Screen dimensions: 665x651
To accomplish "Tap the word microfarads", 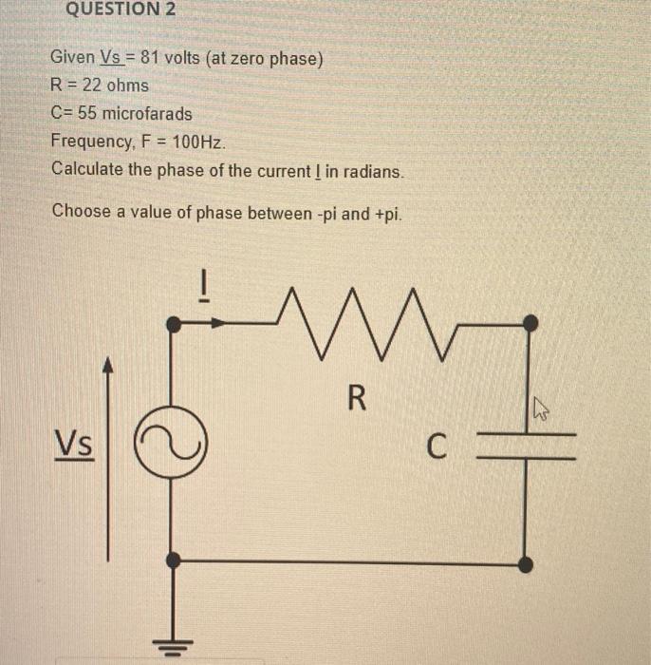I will (x=148, y=114).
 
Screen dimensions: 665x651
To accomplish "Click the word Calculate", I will (x=87, y=172).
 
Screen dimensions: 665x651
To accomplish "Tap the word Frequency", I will (x=91, y=142).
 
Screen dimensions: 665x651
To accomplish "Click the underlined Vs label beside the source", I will (x=74, y=444).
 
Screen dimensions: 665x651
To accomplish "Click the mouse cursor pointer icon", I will (x=541, y=410).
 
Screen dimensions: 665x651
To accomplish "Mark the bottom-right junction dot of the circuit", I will (x=527, y=564).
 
